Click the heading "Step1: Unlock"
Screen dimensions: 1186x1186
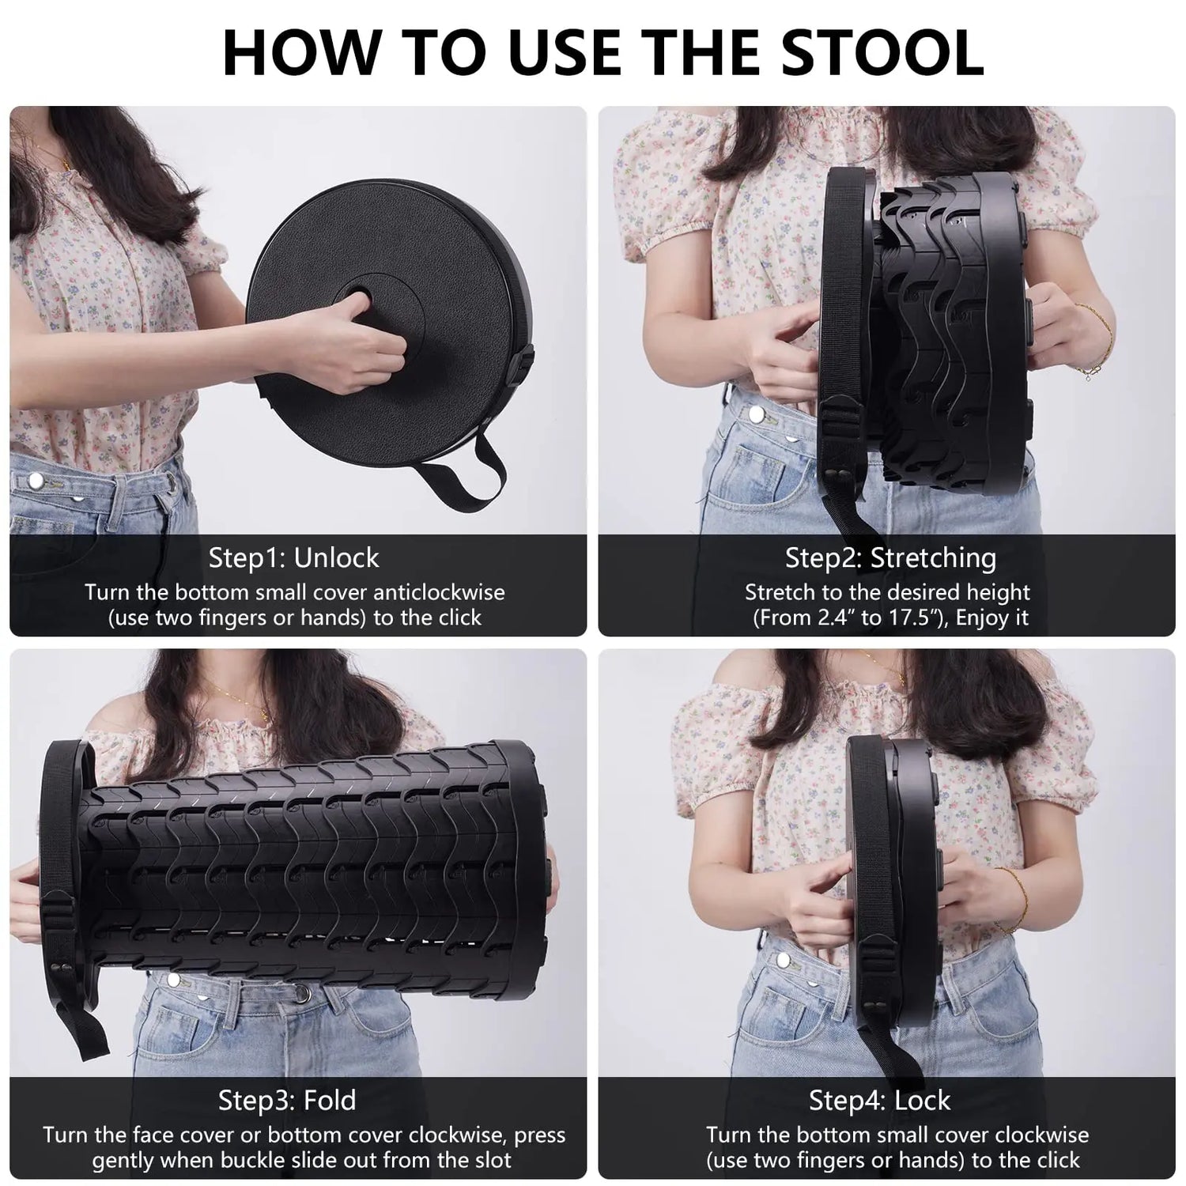click(x=293, y=558)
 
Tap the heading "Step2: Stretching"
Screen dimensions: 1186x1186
click(x=889, y=558)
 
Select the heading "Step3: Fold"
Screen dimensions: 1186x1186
click(x=287, y=1100)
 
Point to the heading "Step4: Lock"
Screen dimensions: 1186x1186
click(x=878, y=1100)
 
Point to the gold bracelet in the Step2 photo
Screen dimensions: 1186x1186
click(x=1099, y=340)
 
